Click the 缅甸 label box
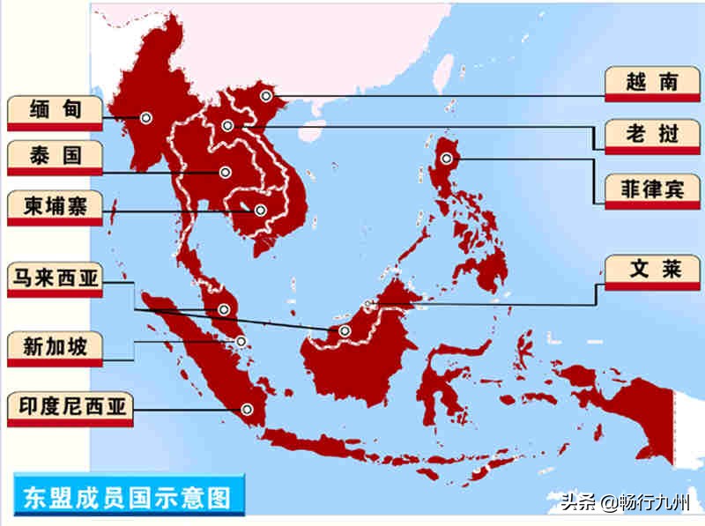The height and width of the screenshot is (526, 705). (x=55, y=110)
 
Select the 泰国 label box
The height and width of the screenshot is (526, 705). (x=55, y=157)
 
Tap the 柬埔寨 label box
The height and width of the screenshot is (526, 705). (x=55, y=206)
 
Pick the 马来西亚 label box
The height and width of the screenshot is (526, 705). (x=55, y=281)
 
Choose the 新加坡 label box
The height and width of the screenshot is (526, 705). (x=55, y=346)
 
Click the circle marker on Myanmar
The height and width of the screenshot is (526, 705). (x=145, y=117)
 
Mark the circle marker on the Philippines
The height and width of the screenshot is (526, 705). (x=447, y=159)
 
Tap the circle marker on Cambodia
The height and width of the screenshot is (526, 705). (x=260, y=211)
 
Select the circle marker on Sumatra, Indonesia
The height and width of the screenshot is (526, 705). (x=248, y=408)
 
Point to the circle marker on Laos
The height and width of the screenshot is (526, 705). (x=227, y=126)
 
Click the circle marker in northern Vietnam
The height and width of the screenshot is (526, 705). (x=265, y=95)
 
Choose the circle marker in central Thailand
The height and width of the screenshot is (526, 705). (x=226, y=172)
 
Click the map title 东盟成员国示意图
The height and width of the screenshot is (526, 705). (x=123, y=497)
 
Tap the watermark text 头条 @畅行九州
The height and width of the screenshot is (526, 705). (x=627, y=504)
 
